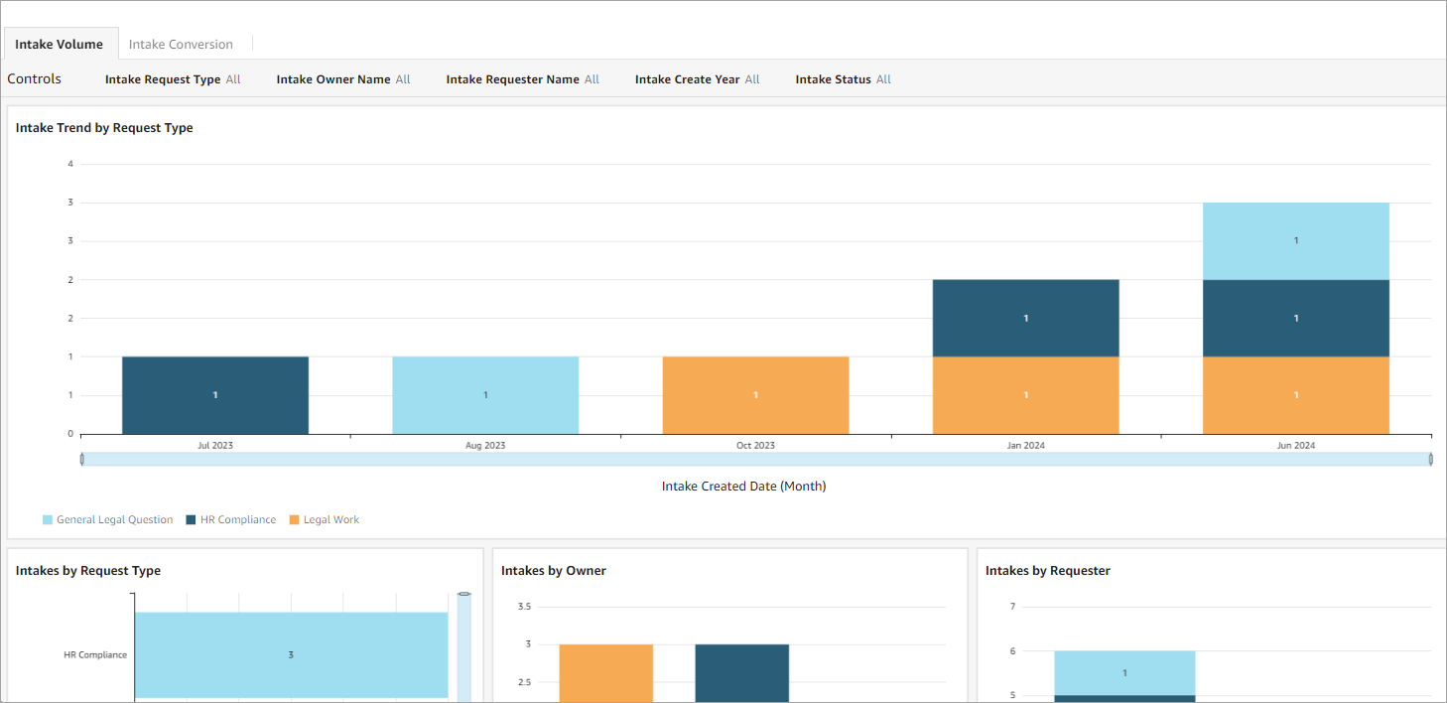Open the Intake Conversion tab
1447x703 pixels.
click(x=181, y=45)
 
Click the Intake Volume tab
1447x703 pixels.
click(x=59, y=45)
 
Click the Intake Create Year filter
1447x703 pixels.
click(x=697, y=79)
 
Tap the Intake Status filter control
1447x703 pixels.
click(x=843, y=79)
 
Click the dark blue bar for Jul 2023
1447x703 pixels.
click(x=215, y=395)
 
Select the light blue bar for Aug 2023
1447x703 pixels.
click(x=485, y=395)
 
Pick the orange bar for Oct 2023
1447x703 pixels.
click(x=755, y=395)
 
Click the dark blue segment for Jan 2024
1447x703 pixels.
click(x=1025, y=318)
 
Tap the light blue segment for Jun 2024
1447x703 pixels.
click(x=1295, y=241)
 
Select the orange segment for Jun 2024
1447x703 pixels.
click(x=1295, y=395)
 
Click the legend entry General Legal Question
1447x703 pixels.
click(x=114, y=520)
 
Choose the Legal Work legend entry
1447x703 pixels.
click(x=330, y=520)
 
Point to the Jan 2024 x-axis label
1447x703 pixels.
click(x=1025, y=446)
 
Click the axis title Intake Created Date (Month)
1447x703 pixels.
click(x=743, y=487)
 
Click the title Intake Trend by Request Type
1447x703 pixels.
click(x=104, y=128)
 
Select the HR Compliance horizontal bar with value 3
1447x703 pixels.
click(x=291, y=655)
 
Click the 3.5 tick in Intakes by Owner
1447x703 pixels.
click(x=524, y=607)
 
